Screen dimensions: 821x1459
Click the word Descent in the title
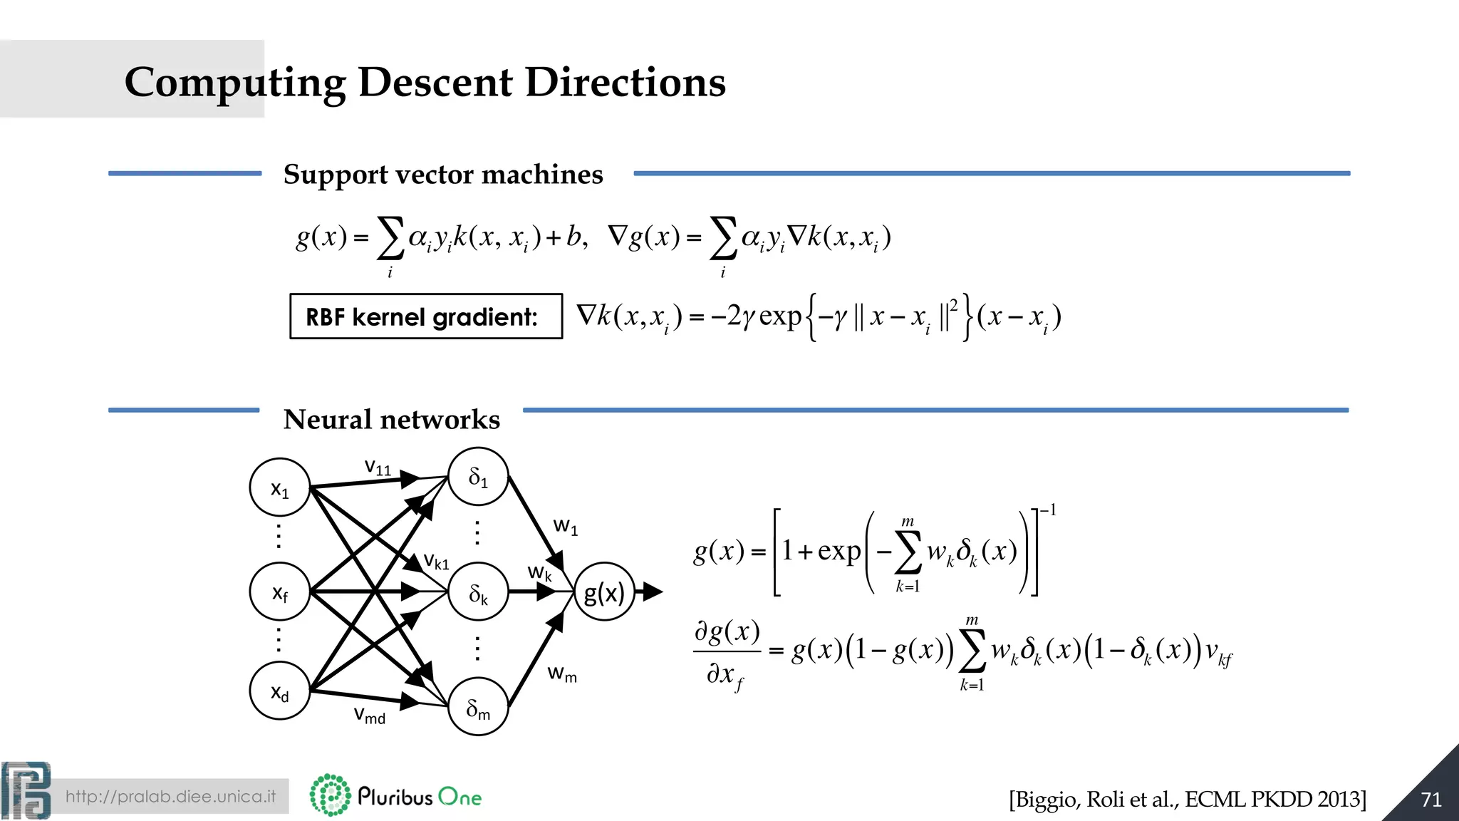tap(435, 82)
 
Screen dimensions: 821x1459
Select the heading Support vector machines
tap(443, 175)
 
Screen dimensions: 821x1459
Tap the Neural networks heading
tap(391, 419)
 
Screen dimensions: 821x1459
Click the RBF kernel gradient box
tap(425, 316)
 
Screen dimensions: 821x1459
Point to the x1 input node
tap(280, 488)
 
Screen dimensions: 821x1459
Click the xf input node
tap(280, 592)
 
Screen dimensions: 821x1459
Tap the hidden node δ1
tap(478, 477)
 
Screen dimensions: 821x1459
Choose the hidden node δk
tap(478, 592)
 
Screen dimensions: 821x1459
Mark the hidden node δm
tap(478, 707)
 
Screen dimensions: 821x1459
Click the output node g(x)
tap(604, 592)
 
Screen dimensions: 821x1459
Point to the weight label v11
tap(378, 468)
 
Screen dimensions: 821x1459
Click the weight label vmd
tap(370, 715)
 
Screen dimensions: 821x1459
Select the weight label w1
tap(566, 527)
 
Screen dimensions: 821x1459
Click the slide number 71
tap(1431, 800)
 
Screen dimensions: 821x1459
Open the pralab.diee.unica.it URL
tap(170, 796)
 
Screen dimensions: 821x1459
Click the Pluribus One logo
tap(396, 795)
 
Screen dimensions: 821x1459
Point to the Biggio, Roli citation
tap(1187, 800)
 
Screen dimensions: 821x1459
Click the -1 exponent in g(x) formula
tap(1048, 510)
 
